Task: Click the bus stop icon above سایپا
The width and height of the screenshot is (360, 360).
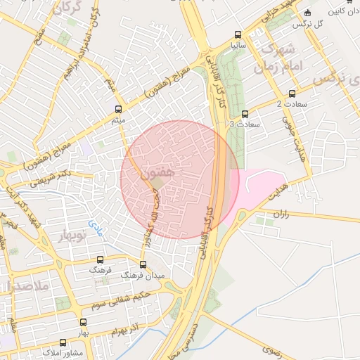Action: coord(238,34)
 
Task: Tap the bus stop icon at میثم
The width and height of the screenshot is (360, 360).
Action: coord(118,109)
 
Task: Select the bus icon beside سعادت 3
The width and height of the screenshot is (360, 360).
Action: coord(245,114)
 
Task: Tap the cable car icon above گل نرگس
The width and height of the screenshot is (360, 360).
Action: coord(308,12)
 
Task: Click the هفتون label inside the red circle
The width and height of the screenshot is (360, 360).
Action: coord(156,172)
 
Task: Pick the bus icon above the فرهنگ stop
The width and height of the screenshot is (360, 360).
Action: coord(99,259)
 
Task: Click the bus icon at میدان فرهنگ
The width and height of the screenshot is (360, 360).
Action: coord(143,265)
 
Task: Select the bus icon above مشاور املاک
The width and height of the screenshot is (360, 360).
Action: coord(63,342)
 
